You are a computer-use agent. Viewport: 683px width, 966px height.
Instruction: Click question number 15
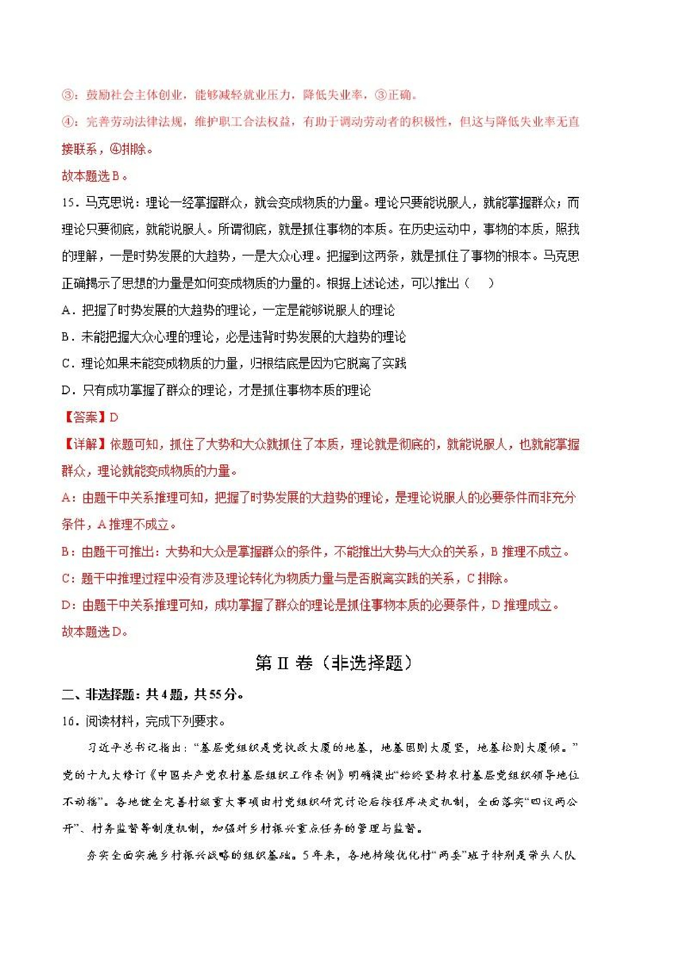point(68,203)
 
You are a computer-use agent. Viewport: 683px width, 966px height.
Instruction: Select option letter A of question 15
point(66,310)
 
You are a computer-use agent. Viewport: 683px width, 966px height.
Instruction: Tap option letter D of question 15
point(66,391)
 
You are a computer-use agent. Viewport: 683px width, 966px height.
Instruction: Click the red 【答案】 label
point(85,417)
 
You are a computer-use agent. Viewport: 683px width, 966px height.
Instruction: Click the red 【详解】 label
point(85,444)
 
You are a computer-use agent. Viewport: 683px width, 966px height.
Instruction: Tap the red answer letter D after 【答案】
point(114,417)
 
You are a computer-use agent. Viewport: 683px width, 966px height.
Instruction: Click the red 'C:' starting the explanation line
point(68,578)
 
